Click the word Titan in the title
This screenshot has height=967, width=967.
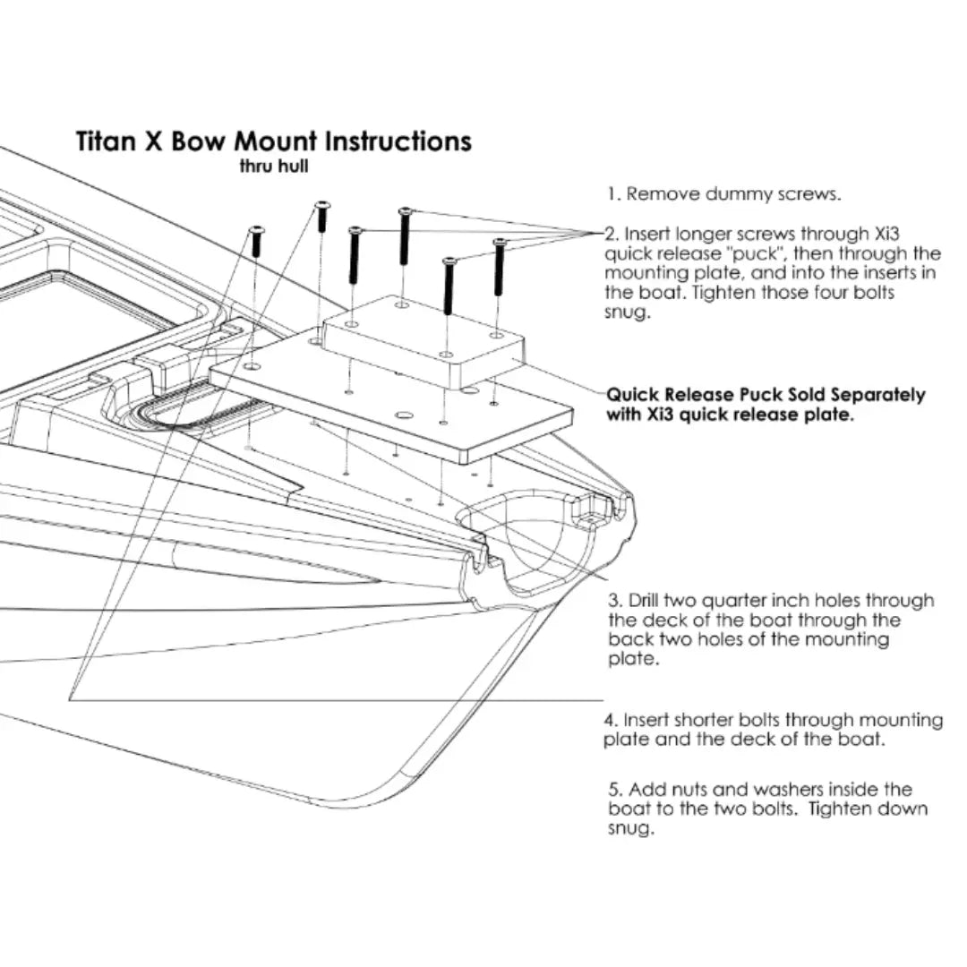pos(106,141)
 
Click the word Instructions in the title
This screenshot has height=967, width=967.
pos(398,141)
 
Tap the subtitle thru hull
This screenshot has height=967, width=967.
pos(274,167)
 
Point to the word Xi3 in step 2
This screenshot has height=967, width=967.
pos(887,235)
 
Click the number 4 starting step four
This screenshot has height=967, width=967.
pos(611,720)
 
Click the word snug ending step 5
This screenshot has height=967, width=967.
pos(630,829)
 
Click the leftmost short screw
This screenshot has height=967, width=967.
pos(257,242)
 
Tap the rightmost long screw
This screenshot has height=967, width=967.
pos(500,267)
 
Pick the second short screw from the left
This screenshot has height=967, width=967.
pos(322,217)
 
